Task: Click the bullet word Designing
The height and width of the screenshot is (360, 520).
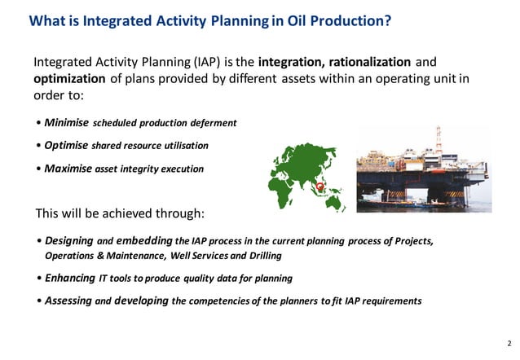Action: click(69, 241)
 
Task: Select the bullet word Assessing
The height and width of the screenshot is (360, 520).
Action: click(68, 301)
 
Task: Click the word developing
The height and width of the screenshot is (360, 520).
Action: click(142, 301)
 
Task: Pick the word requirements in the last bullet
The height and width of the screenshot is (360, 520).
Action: click(390, 301)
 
